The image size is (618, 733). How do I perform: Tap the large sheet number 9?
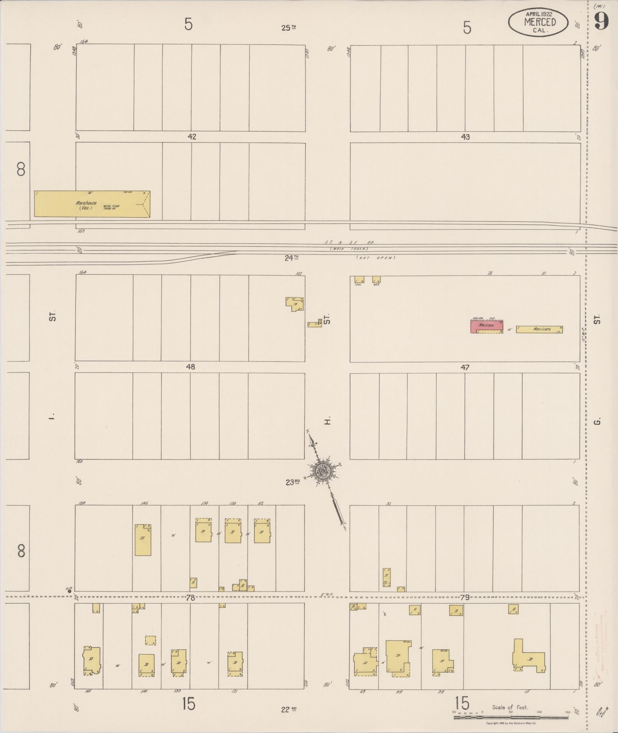coord(602,21)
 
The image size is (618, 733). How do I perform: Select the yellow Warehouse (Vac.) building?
coord(92,204)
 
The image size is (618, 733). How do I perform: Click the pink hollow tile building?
coord(487,326)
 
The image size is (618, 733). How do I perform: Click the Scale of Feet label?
coord(510,707)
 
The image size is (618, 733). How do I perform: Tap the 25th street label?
coord(289,28)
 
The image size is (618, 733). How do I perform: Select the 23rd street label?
coord(292,482)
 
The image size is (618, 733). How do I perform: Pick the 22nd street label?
coord(289,710)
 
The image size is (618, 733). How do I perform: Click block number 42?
coord(192,137)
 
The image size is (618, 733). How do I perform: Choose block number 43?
coord(465,137)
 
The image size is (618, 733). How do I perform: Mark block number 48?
coord(190,367)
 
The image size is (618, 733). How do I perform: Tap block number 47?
coord(465,367)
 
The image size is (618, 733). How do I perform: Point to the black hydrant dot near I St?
coord(69,591)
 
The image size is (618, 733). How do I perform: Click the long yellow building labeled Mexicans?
coord(539,329)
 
